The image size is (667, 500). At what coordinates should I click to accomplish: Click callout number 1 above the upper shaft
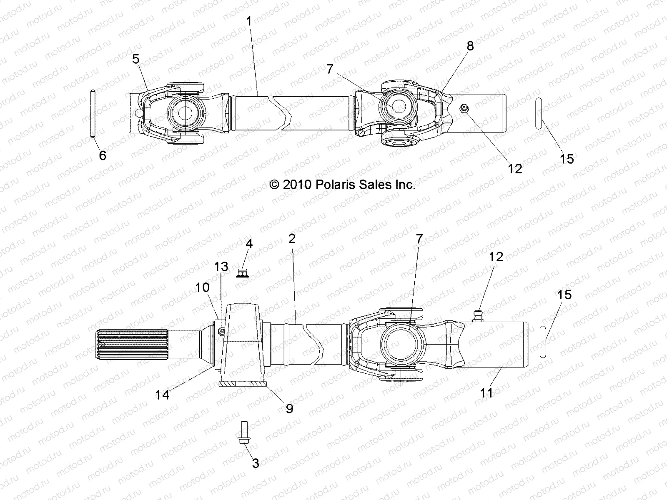(x=249, y=21)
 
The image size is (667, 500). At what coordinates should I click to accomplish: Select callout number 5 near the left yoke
(x=136, y=59)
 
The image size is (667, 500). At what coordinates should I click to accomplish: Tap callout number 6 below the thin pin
(x=103, y=155)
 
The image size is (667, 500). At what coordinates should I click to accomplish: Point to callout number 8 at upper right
(x=470, y=46)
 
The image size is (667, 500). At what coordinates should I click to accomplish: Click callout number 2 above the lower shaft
(x=292, y=239)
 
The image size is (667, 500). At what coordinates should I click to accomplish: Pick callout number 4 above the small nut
(x=249, y=243)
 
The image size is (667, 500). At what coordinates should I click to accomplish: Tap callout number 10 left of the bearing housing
(x=202, y=287)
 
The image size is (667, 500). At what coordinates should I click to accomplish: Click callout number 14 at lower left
(x=163, y=395)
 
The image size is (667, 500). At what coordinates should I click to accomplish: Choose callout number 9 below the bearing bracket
(x=289, y=408)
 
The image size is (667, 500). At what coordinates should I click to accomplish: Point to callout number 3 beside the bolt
(x=256, y=463)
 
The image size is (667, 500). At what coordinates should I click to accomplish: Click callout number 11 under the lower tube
(x=486, y=392)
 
